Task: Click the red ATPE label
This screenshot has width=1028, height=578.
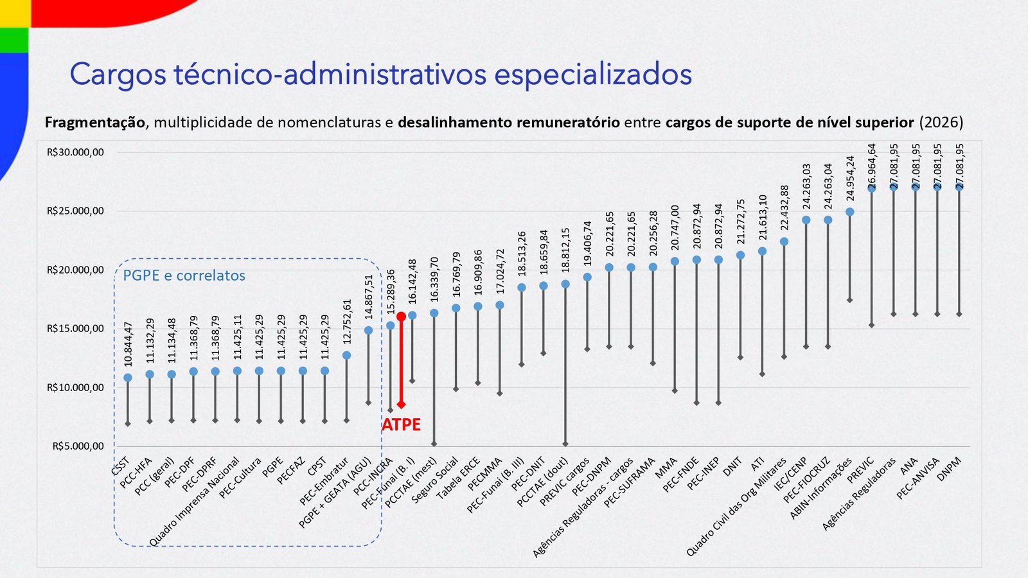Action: tap(401, 425)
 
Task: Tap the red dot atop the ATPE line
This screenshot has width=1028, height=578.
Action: tap(401, 317)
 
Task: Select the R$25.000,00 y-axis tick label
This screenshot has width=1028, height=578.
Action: tap(75, 211)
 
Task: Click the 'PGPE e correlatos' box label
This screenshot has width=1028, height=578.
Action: tap(184, 276)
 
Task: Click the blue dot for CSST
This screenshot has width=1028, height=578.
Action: tap(128, 378)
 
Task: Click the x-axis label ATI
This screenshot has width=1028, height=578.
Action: tap(758, 464)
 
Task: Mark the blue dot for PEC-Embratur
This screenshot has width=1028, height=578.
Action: tap(346, 355)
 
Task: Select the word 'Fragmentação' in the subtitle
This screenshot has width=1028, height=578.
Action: tap(95, 122)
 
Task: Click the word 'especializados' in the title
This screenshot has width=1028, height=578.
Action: tap(592, 74)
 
